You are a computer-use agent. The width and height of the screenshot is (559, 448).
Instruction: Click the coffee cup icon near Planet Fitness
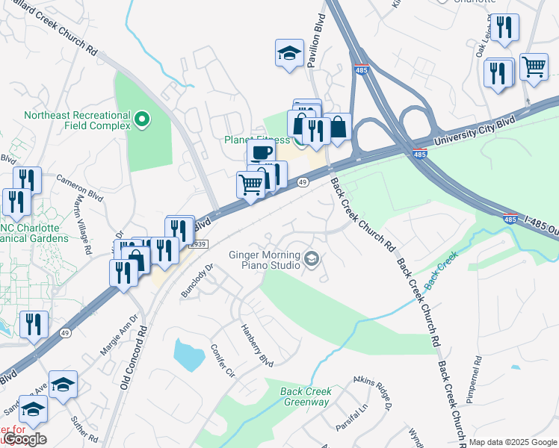coord(261,153)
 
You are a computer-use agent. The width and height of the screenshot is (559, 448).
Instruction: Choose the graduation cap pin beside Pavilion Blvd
coord(289,53)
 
